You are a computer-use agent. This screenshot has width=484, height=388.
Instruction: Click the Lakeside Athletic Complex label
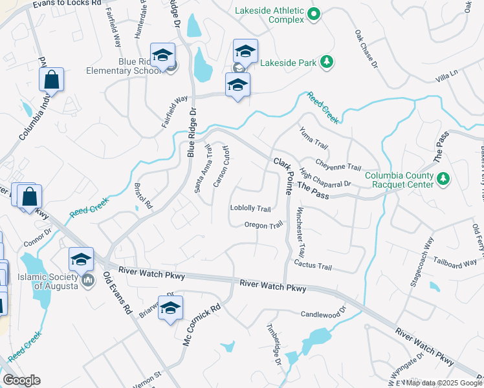click(x=270, y=15)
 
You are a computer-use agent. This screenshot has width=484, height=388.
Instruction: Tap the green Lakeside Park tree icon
click(x=328, y=62)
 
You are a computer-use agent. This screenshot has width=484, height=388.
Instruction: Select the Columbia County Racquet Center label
click(x=398, y=179)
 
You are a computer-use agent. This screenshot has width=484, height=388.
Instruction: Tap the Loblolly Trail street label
click(x=250, y=208)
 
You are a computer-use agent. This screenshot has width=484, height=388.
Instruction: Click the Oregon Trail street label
click(x=263, y=225)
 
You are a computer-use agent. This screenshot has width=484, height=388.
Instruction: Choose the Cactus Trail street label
click(x=313, y=266)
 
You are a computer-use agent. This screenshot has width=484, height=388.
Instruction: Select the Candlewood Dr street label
click(x=329, y=314)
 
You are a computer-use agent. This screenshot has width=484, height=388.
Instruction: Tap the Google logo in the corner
click(x=21, y=380)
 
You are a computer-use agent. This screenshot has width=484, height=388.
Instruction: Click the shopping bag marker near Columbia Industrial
click(x=51, y=81)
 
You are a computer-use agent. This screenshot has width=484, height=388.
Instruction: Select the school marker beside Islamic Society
click(x=81, y=260)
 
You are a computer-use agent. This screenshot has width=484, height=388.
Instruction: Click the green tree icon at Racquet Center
click(x=443, y=178)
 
